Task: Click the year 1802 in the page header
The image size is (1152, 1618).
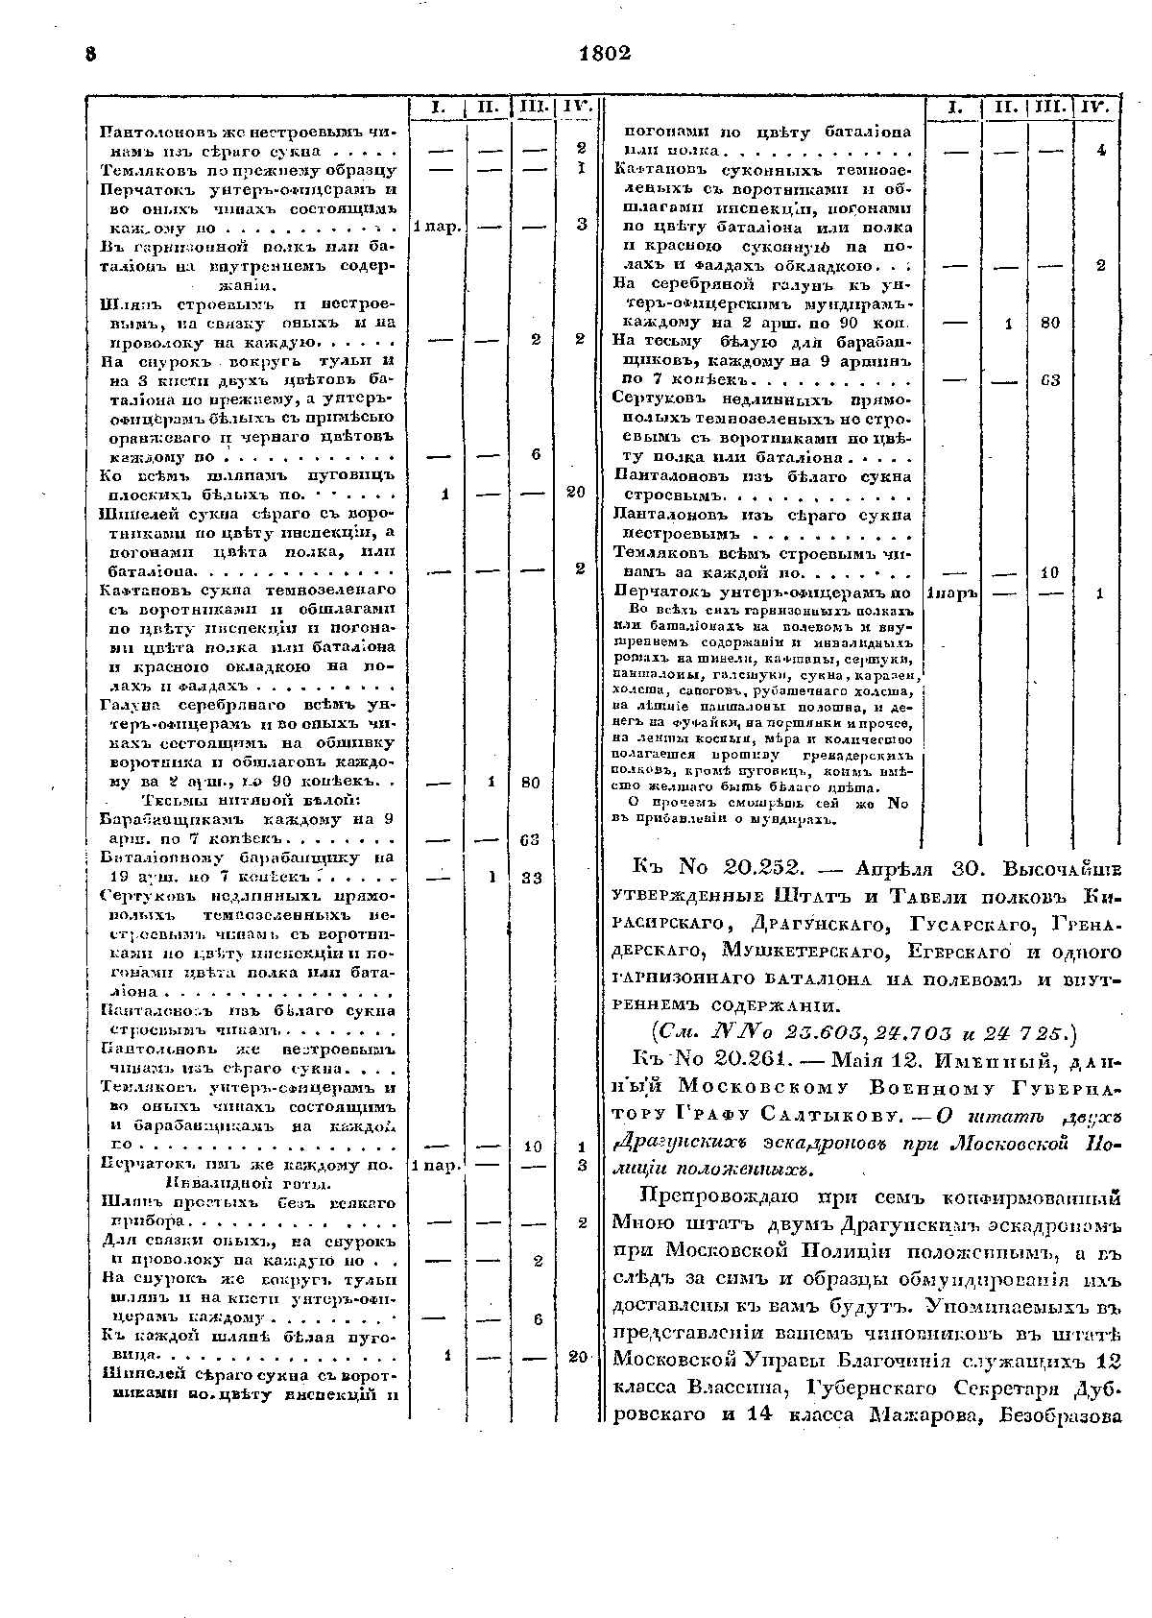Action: click(605, 55)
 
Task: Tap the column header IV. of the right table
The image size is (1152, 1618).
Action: click(1094, 108)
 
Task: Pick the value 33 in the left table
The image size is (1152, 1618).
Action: click(530, 878)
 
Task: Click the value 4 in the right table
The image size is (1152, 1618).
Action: click(1101, 151)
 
